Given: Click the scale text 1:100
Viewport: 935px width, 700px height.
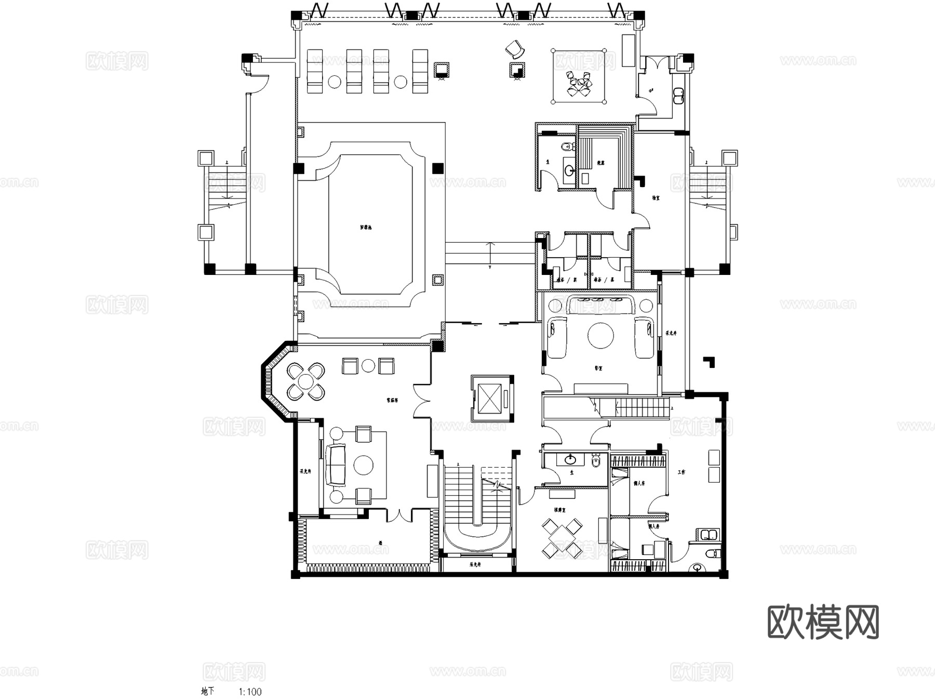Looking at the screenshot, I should click(250, 692).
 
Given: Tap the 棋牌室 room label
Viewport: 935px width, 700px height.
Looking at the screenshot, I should click(560, 510).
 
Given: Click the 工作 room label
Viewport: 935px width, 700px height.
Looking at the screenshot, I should click(682, 472).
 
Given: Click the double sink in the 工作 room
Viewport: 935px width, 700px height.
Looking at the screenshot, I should click(708, 534).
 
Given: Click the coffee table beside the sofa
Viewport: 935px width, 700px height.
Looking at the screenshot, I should click(364, 465).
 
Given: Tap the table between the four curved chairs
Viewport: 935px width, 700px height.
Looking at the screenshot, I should click(306, 381).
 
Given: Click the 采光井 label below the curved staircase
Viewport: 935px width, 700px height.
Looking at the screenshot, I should click(475, 564).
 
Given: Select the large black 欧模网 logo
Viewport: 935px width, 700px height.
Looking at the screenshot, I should click(823, 622).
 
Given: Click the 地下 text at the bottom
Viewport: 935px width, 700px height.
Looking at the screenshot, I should click(207, 692).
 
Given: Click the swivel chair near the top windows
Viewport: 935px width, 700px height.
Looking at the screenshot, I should click(515, 49).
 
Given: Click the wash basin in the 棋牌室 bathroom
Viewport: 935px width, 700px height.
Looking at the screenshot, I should click(570, 459).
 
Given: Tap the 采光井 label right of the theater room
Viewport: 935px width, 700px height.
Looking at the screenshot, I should click(671, 333).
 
